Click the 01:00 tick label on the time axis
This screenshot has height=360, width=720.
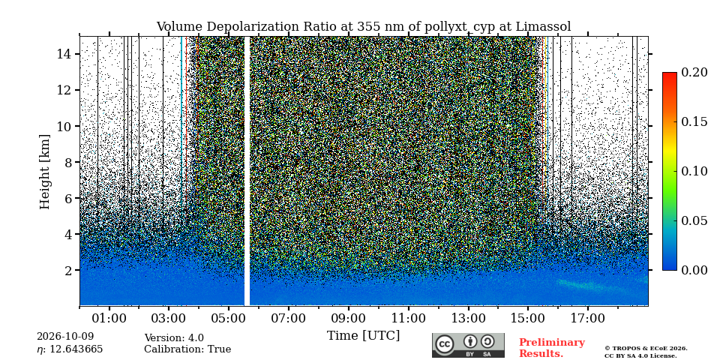click(109, 318)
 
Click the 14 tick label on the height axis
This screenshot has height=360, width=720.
click(66, 54)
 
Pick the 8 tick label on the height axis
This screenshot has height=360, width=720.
click(71, 162)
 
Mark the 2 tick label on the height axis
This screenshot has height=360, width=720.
click(71, 270)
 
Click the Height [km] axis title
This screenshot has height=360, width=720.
click(44, 172)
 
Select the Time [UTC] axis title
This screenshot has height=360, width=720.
click(364, 335)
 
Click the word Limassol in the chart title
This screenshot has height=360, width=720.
click(543, 27)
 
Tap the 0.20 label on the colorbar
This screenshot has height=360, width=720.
click(696, 72)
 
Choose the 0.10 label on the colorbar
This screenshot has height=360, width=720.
click(696, 171)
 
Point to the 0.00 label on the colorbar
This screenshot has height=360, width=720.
click(696, 270)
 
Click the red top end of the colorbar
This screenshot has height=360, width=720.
click(670, 74)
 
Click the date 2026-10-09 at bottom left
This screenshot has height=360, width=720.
click(65, 337)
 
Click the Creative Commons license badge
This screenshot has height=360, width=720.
click(468, 345)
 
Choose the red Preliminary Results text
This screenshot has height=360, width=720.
click(552, 347)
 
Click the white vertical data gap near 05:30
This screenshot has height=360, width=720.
click(247, 171)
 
